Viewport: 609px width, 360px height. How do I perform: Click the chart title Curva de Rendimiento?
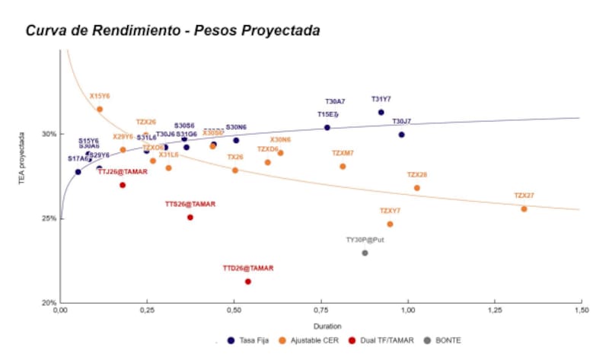[173, 30]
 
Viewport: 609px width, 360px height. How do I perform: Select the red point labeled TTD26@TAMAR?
[248, 282]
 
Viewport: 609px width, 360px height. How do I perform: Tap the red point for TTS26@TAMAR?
[190, 217]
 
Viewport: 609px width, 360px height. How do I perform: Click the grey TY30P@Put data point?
[365, 253]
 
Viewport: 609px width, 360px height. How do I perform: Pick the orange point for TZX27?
[524, 209]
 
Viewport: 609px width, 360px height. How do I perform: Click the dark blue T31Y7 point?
[381, 113]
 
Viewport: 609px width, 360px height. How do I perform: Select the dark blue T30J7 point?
[401, 135]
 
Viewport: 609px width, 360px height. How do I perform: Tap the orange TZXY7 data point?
[390, 224]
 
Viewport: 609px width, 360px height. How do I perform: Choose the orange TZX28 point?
[416, 188]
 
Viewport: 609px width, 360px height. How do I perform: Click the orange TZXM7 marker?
[343, 166]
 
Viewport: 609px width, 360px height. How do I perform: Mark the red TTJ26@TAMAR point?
[123, 185]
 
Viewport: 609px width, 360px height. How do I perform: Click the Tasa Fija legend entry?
[252, 340]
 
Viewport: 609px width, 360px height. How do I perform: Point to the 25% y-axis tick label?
[48, 218]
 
